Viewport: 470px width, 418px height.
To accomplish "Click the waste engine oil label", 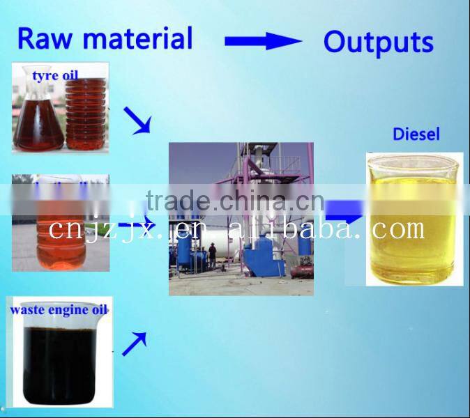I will tap(58, 310).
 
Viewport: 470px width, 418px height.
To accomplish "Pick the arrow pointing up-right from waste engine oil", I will tap(135, 343).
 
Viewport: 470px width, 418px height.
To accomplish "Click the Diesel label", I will tap(416, 134).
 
